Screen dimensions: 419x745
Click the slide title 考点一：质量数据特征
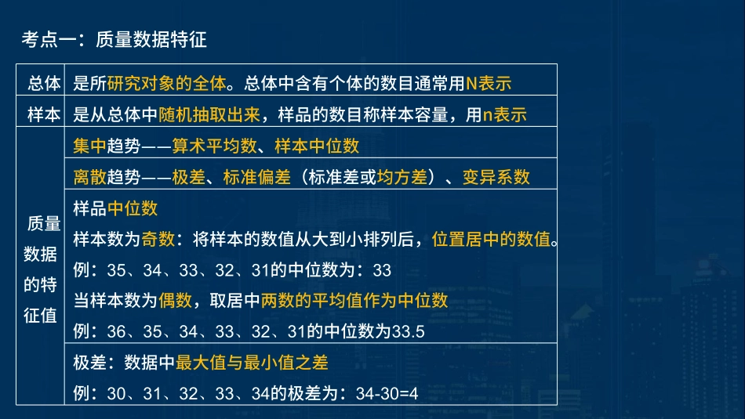coord(114,39)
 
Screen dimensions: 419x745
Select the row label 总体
coord(44,81)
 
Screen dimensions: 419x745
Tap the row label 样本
coord(44,114)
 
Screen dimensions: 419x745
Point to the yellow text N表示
coord(489,81)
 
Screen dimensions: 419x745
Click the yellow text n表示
coord(504,114)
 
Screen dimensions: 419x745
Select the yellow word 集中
coord(90,145)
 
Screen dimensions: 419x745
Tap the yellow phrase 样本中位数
coord(317,145)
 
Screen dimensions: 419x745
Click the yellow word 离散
coord(90,176)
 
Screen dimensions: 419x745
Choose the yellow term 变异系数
coord(496,176)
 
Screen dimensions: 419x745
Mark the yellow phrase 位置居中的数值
coord(491,239)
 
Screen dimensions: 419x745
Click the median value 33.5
coord(407,331)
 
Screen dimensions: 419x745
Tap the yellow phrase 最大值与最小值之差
coord(252,362)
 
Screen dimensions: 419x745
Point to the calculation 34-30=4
coord(387,393)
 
